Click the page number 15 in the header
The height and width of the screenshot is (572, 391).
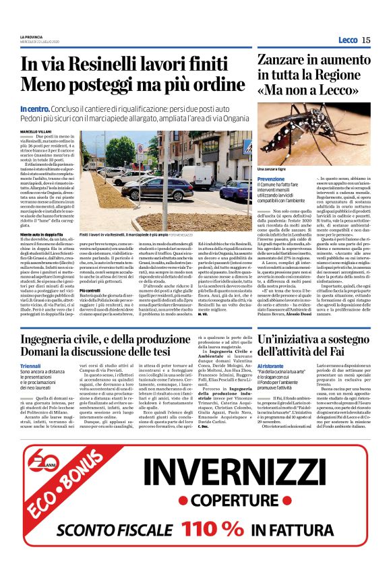coord(366,40)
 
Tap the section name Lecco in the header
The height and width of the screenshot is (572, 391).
coord(348,40)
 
